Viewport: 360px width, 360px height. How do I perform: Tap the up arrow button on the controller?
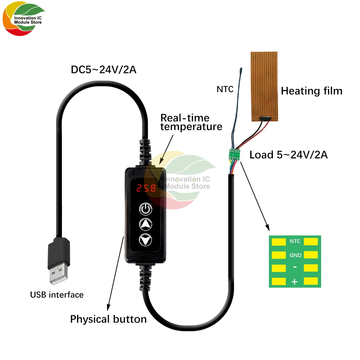click(x=145, y=224)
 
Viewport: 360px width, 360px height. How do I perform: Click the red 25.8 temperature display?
click(x=145, y=188)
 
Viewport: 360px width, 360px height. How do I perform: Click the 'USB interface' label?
click(x=57, y=295)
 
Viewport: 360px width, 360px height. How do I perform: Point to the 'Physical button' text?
click(x=108, y=319)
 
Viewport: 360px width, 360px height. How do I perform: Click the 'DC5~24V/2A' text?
click(x=104, y=70)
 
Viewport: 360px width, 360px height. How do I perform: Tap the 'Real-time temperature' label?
click(x=191, y=122)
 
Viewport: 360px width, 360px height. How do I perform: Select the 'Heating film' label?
click(x=311, y=91)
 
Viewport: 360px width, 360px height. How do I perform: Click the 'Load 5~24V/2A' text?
click(x=288, y=155)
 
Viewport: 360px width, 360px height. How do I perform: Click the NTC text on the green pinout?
click(x=295, y=242)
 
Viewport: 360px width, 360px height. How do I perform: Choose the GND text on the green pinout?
click(x=295, y=255)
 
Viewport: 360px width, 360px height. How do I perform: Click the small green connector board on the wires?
click(x=234, y=155)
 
